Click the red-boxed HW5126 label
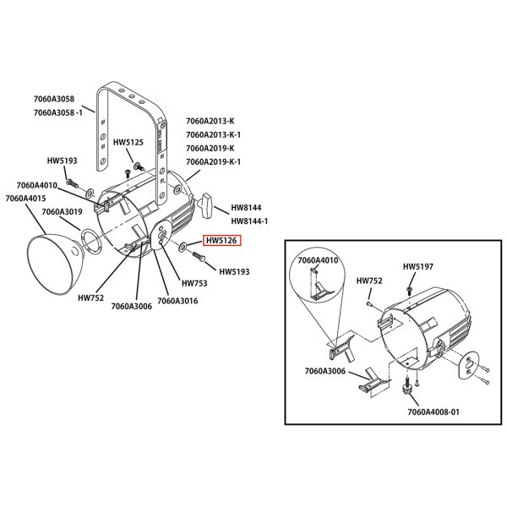(x=221, y=241)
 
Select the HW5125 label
(x=128, y=143)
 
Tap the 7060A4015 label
(x=25, y=199)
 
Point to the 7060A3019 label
(x=62, y=212)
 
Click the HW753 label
(x=194, y=283)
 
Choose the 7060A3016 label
(x=177, y=301)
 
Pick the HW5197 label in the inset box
(x=417, y=267)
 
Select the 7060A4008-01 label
(x=433, y=412)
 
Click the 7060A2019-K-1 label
(x=214, y=161)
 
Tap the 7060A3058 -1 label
(x=58, y=113)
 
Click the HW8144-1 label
(x=249, y=221)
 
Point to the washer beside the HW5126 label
(x=183, y=248)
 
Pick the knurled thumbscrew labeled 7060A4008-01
(x=407, y=385)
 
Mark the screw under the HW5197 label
(x=409, y=289)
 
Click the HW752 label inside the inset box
(x=369, y=281)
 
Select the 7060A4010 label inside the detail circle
(x=318, y=260)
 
